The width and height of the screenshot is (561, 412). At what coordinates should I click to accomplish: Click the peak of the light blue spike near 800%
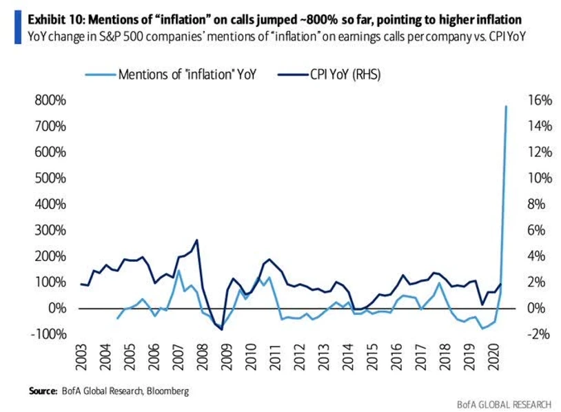[x=507, y=106]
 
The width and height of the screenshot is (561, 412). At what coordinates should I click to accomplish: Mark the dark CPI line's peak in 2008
[x=197, y=240]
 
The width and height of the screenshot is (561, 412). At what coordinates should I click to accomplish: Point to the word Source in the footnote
[x=42, y=391]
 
